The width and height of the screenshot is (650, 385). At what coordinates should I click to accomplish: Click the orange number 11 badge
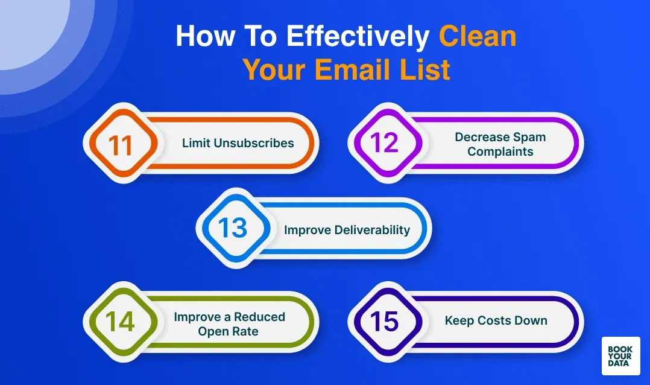pos(121,144)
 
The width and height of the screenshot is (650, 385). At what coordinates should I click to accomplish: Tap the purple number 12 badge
pos(385,144)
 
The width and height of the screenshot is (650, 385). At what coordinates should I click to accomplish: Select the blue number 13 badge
pos(233,229)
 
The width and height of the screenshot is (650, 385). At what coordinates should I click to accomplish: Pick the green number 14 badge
pos(120,322)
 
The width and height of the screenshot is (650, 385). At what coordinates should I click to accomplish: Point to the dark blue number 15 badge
pos(385,321)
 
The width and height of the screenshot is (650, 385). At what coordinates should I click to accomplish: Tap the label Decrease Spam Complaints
pos(500,144)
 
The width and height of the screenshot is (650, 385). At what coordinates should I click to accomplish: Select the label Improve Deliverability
pos(347,230)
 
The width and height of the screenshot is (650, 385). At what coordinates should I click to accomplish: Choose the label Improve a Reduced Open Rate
pos(229,324)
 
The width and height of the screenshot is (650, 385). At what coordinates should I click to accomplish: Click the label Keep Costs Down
pos(496,320)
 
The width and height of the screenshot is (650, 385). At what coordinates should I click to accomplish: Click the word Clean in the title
pos(478,37)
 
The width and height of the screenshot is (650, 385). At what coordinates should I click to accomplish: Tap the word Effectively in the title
pos(358,37)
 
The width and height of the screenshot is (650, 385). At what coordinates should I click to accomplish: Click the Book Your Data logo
pos(620,356)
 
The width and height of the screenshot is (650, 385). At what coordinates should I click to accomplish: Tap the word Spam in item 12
pos(531,137)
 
